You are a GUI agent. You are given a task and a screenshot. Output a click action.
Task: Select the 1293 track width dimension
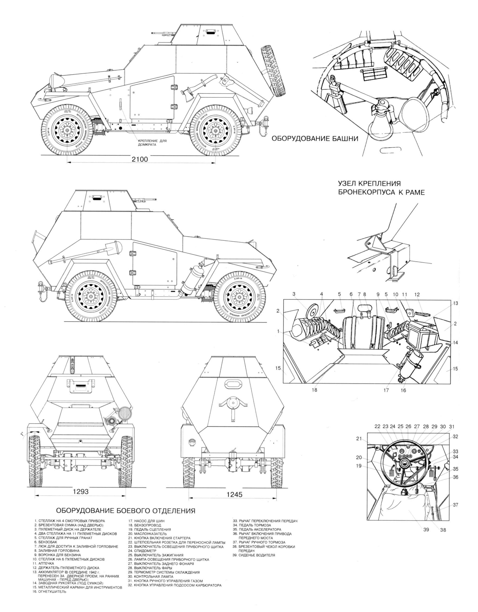tap(81, 492)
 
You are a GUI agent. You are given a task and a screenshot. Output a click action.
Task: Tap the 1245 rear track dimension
tap(234, 495)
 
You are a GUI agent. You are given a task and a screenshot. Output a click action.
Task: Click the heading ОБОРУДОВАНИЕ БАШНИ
tap(315, 139)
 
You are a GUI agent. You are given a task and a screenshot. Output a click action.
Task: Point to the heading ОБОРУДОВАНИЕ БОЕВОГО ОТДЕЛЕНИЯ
tap(126, 511)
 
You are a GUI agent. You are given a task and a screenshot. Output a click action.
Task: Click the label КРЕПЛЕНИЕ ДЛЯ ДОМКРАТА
tap(152, 143)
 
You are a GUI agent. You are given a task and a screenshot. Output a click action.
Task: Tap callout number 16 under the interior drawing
tap(403, 390)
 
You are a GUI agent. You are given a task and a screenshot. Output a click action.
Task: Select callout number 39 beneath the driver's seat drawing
tap(426, 529)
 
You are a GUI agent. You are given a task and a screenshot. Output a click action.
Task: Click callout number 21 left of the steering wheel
tap(359, 438)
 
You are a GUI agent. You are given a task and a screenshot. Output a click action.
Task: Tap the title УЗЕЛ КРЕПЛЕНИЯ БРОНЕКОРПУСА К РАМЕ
tap(381, 188)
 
